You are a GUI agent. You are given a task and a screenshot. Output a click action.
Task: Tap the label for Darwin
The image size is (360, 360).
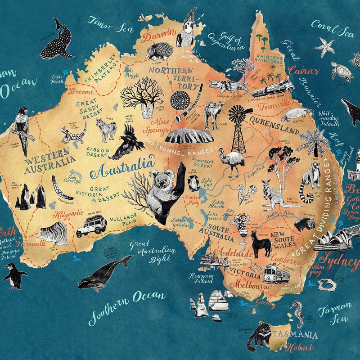[x=158, y=34]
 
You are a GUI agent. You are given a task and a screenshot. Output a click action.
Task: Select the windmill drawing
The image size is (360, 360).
[x=239, y=128]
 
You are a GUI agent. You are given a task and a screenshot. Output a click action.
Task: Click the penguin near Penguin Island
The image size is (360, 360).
[x=14, y=275]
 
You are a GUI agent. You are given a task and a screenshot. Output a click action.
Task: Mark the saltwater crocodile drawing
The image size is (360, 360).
[x=228, y=86]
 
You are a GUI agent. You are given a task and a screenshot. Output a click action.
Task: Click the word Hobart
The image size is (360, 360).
[x=298, y=347]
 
